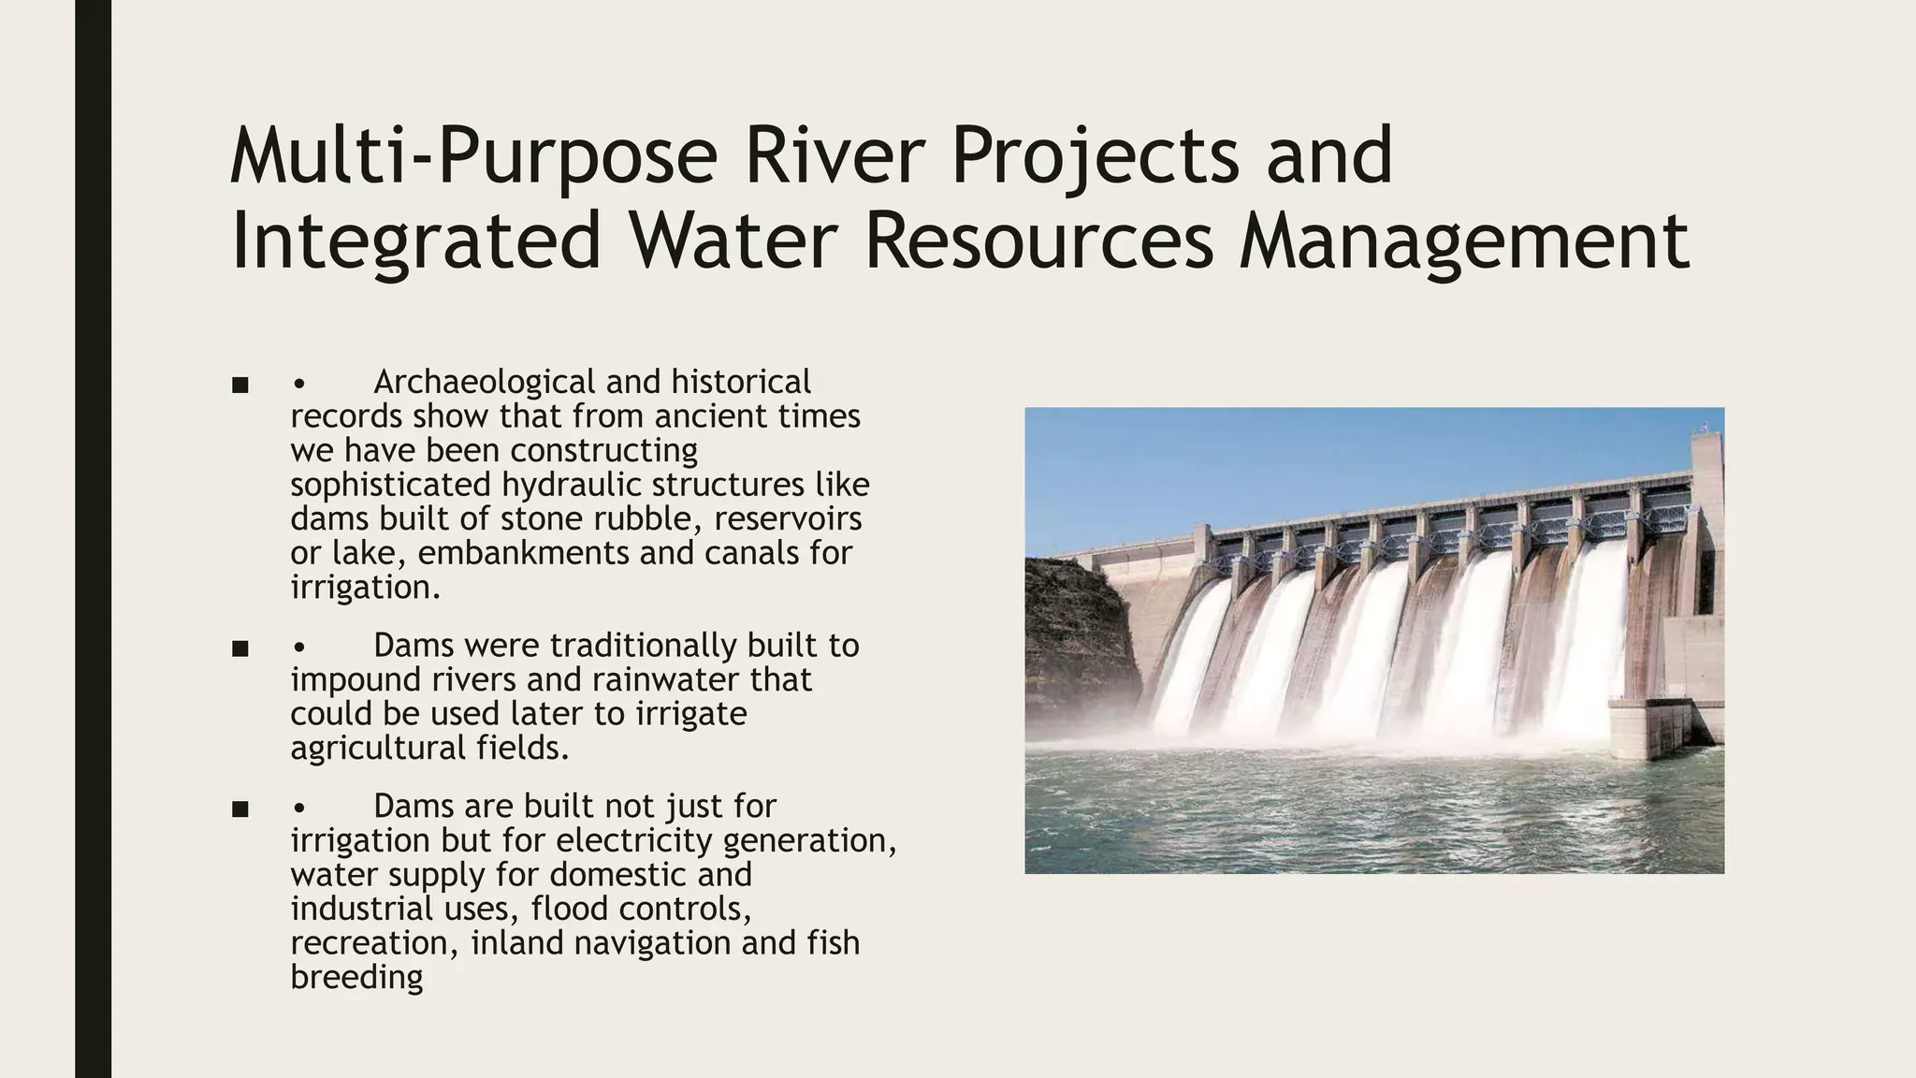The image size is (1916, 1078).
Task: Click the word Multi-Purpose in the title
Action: tap(473, 157)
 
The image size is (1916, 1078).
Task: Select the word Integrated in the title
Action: tap(415, 241)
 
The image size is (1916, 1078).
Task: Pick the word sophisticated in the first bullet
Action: tap(390, 486)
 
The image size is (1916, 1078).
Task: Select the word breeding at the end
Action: tap(356, 978)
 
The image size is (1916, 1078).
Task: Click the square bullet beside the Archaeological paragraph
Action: tap(239, 385)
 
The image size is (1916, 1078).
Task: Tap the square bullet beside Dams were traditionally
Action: tap(239, 648)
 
